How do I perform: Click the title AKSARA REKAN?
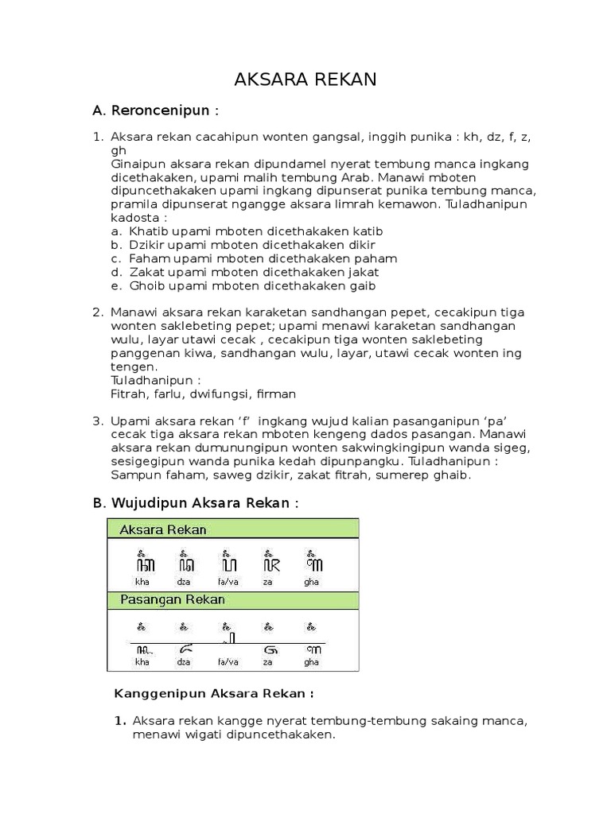coord(305,80)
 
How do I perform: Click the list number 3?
coord(98,421)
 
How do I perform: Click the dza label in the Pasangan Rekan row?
coord(185,661)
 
